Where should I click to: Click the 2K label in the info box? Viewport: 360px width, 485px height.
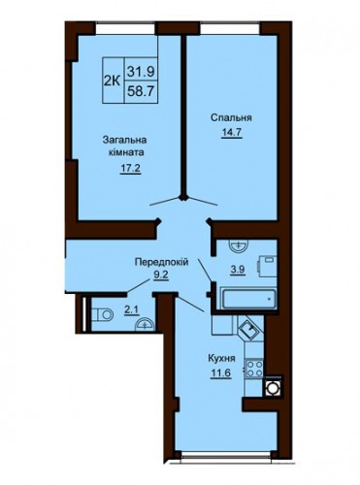pyautogui.click(x=112, y=81)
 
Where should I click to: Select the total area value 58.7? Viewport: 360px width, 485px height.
pyautogui.click(x=141, y=92)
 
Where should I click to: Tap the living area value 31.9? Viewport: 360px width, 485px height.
pyautogui.click(x=141, y=71)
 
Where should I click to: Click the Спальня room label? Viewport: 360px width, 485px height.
pyautogui.click(x=231, y=118)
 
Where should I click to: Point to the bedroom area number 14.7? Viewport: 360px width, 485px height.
pyautogui.click(x=232, y=132)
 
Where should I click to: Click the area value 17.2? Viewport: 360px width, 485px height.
pyautogui.click(x=130, y=168)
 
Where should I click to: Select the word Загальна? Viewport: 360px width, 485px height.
pyautogui.click(x=125, y=141)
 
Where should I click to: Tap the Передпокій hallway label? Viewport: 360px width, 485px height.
pyautogui.click(x=161, y=262)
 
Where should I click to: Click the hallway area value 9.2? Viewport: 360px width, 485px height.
pyautogui.click(x=161, y=275)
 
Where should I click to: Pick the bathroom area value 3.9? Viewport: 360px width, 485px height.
pyautogui.click(x=238, y=270)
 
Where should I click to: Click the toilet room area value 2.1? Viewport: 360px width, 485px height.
pyautogui.click(x=131, y=310)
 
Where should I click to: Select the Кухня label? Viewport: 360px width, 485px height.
pyautogui.click(x=221, y=359)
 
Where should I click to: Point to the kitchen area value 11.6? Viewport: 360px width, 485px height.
pyautogui.click(x=221, y=372)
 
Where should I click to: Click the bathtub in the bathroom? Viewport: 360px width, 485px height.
pyautogui.click(x=248, y=299)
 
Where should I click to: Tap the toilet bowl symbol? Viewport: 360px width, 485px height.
pyautogui.click(x=102, y=314)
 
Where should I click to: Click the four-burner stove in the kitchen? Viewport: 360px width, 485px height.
pyautogui.click(x=254, y=369)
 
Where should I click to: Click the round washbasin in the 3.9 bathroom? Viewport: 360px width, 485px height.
pyautogui.click(x=239, y=245)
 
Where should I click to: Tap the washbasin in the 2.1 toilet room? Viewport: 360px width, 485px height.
pyautogui.click(x=145, y=325)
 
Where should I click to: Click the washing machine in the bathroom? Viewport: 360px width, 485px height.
pyautogui.click(x=267, y=266)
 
